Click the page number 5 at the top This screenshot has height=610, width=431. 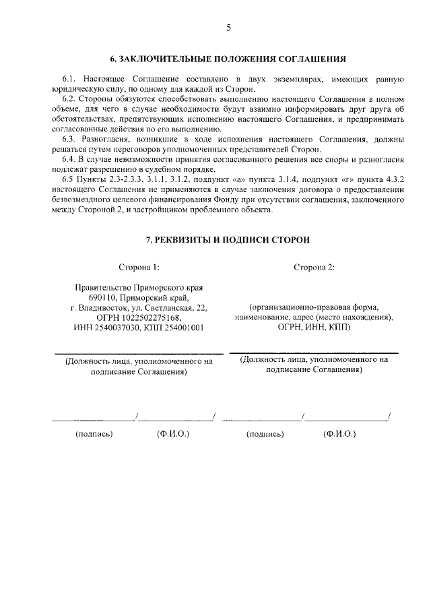pyautogui.click(x=228, y=28)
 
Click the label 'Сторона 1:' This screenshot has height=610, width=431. pyautogui.click(x=139, y=268)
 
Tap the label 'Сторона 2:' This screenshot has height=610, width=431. pyautogui.click(x=314, y=268)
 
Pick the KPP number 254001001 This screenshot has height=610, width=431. pyautogui.click(x=180, y=327)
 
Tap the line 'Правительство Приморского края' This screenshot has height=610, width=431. pyautogui.click(x=139, y=287)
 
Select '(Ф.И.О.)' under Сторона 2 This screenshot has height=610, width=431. pyautogui.click(x=339, y=434)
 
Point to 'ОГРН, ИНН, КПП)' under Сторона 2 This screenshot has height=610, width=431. pyautogui.click(x=314, y=327)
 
